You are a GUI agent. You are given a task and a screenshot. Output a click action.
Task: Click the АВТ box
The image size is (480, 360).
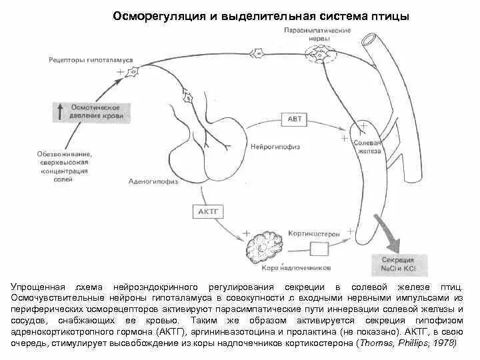pyautogui.click(x=295, y=120)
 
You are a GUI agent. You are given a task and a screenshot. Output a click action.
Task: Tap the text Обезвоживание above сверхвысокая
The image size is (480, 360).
pyautogui.click(x=64, y=155)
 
